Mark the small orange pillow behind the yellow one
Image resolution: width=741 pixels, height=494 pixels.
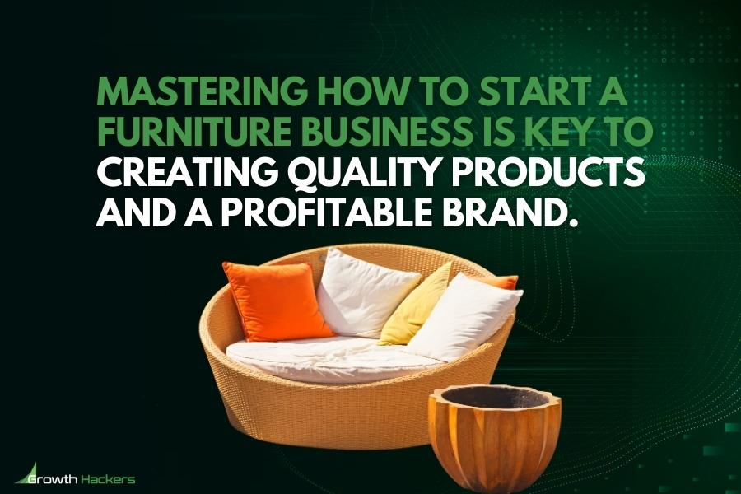504,282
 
